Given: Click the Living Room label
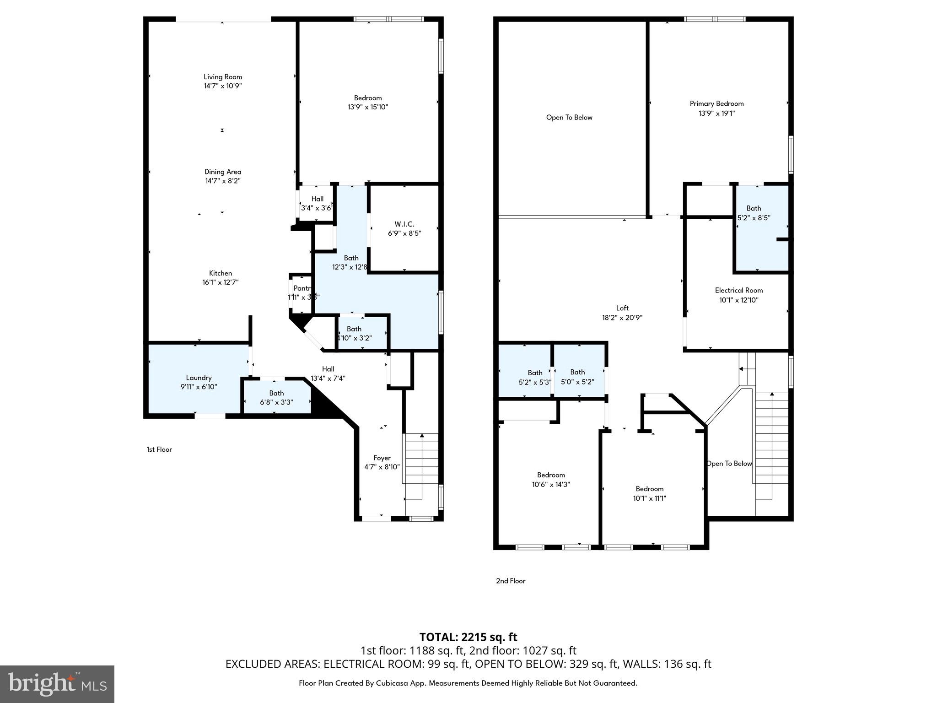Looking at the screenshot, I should (223, 77).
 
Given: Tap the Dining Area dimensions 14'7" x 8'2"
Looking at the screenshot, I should (223, 181).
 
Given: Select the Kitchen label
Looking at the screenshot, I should (221, 273).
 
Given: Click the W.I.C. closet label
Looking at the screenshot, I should (404, 224).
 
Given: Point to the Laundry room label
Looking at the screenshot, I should (199, 378).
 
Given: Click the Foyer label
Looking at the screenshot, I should (382, 458).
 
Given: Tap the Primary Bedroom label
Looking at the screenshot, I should (716, 104).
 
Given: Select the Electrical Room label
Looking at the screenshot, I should (738, 290).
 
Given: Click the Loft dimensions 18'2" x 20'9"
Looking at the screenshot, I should (622, 318).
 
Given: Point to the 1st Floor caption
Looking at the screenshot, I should (159, 449).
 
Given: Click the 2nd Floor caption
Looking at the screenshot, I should (511, 581).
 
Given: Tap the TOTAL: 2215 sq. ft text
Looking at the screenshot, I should (468, 637).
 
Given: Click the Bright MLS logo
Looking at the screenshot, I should (57, 684).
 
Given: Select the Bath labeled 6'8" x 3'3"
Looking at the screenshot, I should (276, 398).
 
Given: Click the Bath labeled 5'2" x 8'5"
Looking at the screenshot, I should (754, 213).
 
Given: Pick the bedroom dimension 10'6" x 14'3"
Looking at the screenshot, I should (551, 485).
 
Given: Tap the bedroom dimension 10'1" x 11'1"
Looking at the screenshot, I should (649, 498).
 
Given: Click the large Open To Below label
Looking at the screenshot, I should (569, 118).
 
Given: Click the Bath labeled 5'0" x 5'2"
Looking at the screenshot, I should (577, 377).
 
